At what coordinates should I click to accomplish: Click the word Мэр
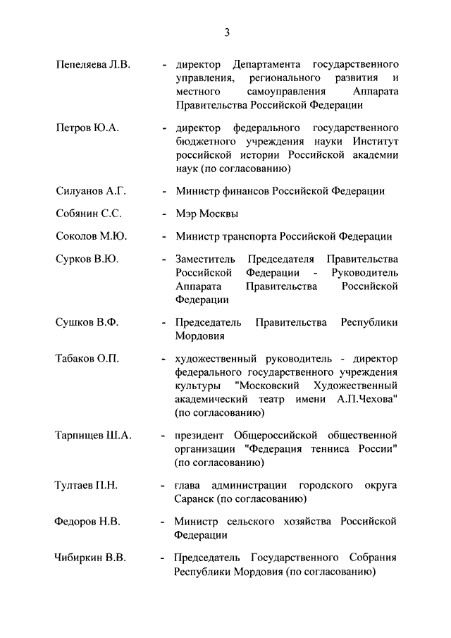pyautogui.click(x=187, y=214)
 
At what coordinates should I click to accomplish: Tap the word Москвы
pyautogui.click(x=220, y=214)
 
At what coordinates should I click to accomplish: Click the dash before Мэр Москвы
pyautogui.click(x=163, y=214)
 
